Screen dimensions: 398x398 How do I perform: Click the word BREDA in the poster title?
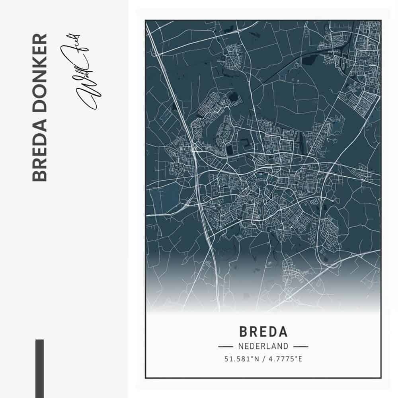tap(263, 332)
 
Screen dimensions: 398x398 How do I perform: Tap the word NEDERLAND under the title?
tap(263, 346)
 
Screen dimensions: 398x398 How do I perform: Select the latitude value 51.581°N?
tap(242, 359)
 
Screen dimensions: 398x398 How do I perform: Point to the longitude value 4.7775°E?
tap(285, 359)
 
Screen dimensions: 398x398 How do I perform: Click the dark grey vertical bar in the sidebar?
tap(39, 368)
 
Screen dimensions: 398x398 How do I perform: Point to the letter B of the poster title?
tap(244, 332)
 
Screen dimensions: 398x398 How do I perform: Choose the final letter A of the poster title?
tap(282, 332)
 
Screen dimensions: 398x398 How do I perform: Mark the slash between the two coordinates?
tap(263, 359)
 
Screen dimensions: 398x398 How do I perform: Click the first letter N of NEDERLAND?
tap(240, 346)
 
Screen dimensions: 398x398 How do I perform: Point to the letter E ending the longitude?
tap(300, 359)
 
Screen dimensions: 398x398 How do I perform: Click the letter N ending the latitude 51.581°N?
tap(257, 359)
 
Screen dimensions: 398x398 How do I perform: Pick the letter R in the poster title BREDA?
tap(254, 332)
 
